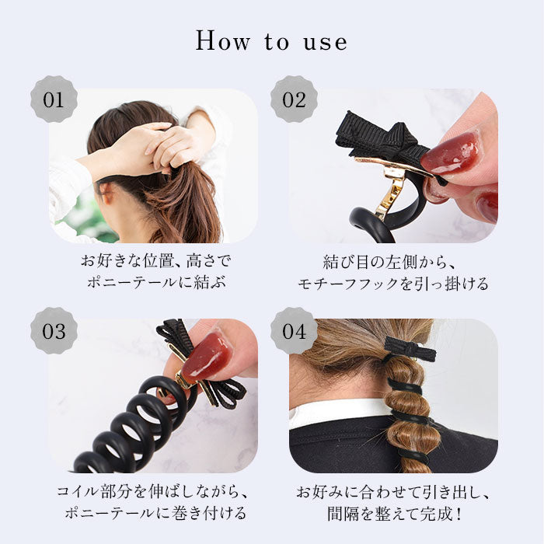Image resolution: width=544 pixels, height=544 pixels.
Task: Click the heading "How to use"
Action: tap(271, 41)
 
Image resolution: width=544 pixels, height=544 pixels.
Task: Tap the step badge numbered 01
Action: tap(54, 99)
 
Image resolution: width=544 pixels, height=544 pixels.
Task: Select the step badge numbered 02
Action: tap(294, 99)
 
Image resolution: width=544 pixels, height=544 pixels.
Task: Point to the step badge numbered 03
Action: tap(54, 330)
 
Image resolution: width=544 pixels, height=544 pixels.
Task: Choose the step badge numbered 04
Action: tap(294, 330)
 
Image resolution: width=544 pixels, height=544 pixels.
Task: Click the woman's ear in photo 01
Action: tap(107, 193)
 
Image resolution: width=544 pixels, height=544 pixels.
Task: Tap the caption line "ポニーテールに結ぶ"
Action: tap(157, 282)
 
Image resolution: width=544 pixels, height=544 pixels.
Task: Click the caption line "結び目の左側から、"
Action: tap(389, 262)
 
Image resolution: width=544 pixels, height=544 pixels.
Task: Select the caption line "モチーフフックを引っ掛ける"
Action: tap(393, 284)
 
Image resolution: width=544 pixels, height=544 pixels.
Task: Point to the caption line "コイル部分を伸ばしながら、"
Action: tap(152, 492)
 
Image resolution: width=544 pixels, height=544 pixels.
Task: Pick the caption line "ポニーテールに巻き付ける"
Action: tap(156, 514)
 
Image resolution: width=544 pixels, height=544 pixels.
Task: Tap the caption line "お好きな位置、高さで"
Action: tap(155, 261)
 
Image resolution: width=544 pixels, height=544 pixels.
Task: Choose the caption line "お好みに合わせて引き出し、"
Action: tap(393, 492)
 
